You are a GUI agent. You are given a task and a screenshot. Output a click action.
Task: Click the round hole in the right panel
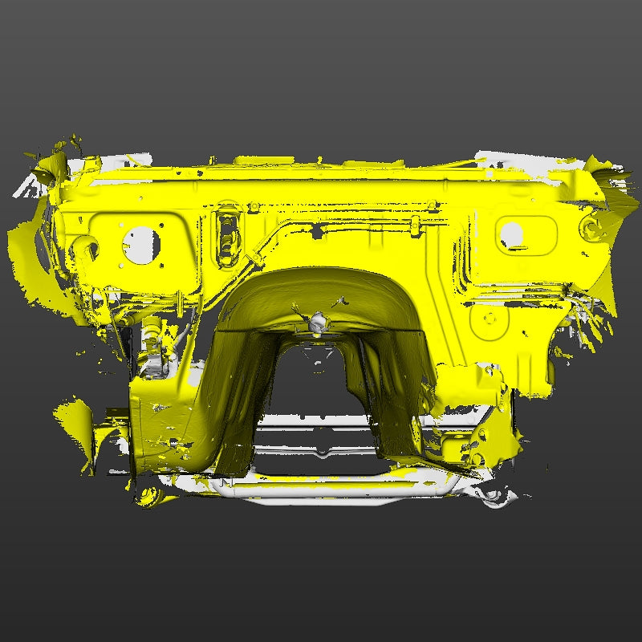tap(511, 234)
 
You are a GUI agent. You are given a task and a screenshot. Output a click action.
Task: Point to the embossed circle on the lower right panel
tap(491, 323)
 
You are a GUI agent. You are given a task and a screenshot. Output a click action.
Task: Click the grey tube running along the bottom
tap(345, 490)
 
